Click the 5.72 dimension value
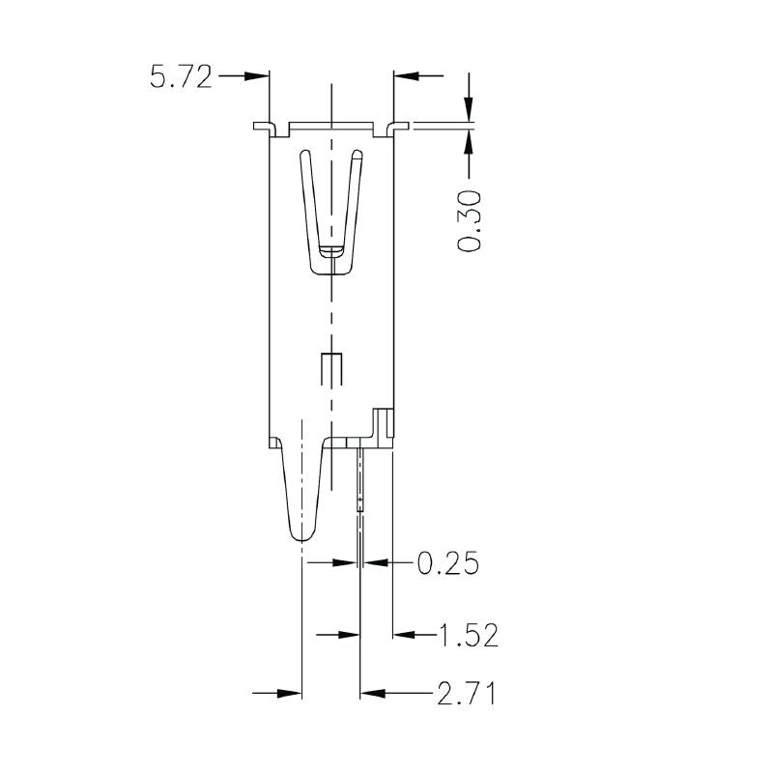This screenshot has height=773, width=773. [180, 76]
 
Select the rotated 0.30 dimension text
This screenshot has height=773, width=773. [470, 221]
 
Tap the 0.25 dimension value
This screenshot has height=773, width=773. [447, 562]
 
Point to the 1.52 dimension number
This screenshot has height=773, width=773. [468, 635]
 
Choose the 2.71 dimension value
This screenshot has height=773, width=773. [466, 693]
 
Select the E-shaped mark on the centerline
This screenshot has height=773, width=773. [331, 369]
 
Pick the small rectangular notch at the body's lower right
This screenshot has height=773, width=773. [384, 422]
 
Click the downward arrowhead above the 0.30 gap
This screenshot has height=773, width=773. [470, 111]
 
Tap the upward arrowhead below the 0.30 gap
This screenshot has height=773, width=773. [470, 140]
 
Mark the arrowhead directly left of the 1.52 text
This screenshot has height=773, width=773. [403, 635]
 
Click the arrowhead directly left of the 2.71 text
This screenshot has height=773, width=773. [371, 693]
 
